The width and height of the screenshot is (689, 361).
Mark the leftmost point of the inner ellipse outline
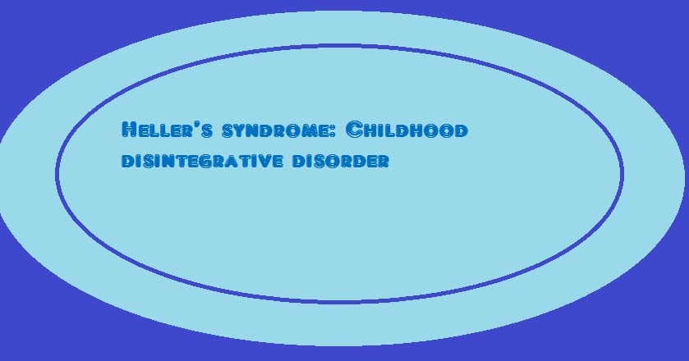[x=57, y=174]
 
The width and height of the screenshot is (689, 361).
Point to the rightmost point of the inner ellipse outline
[x=622, y=174]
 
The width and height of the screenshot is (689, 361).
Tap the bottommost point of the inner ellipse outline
[x=339, y=302]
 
